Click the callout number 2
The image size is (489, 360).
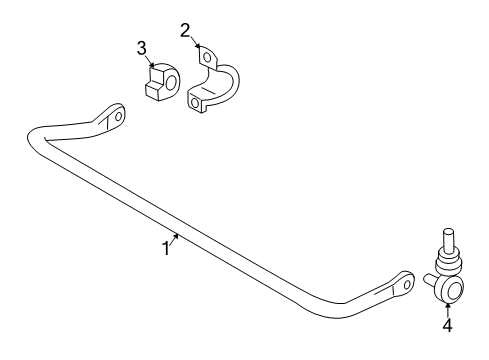pos(185,30)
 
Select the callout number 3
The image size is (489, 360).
pos(141,48)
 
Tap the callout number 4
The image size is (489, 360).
pos(447,325)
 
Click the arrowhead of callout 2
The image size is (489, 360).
pos(199,45)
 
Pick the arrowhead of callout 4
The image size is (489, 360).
pos(447,306)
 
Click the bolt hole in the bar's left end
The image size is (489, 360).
pos(118,116)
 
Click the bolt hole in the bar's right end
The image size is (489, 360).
pos(406,282)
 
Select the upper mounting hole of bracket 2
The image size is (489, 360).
pos(210,59)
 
